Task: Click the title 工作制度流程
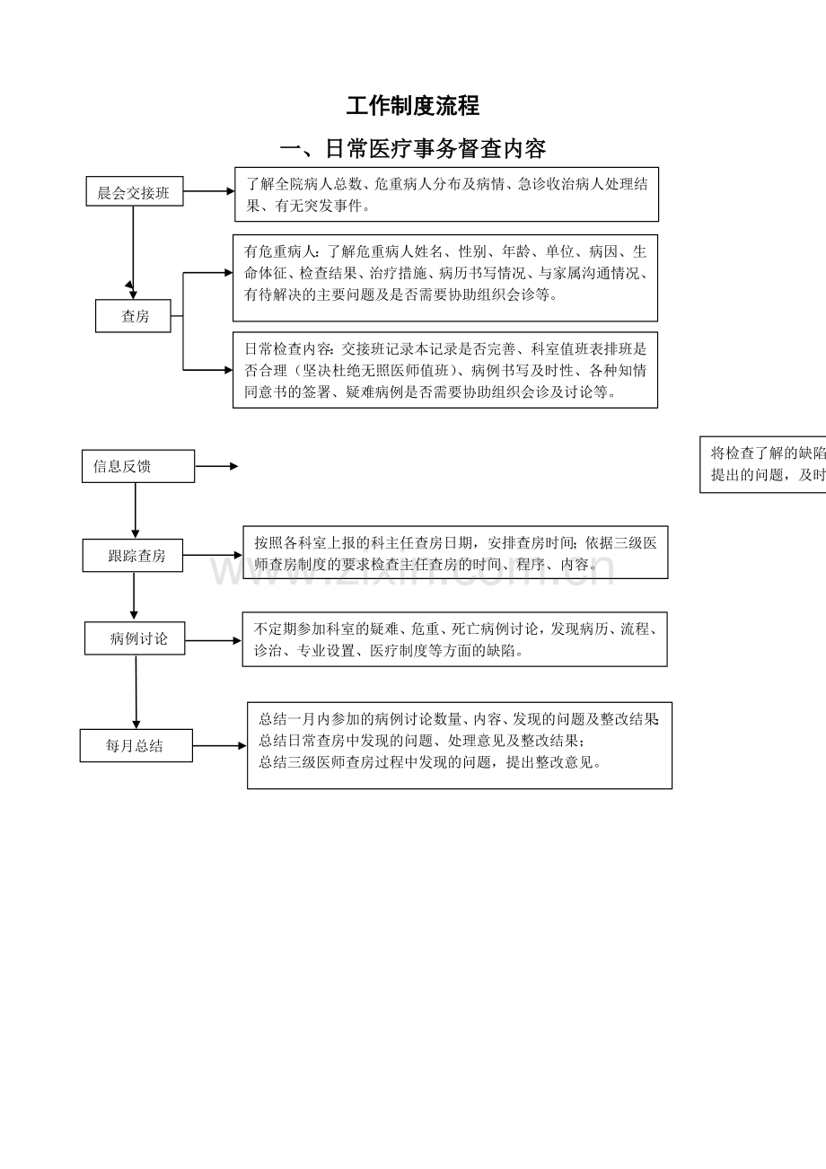coord(413,106)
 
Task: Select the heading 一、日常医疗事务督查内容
coord(413,148)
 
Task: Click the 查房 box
coord(133,316)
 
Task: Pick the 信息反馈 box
coord(137,466)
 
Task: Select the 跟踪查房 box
coord(133,556)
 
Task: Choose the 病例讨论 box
coord(135,639)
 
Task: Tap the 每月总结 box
coord(136,745)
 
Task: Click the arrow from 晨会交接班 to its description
coord(208,191)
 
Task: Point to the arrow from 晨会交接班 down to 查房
coord(133,247)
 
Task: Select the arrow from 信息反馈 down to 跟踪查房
coord(136,510)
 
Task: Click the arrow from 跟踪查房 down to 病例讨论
coord(134,595)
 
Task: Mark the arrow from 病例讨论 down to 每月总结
coord(136,691)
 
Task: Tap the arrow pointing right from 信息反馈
coord(216,466)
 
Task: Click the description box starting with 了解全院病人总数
coord(446,194)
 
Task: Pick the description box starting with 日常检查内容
coord(444,370)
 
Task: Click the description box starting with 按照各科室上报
coord(455,552)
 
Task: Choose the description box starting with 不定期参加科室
coord(454,639)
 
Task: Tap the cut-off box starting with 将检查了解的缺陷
coord(763,464)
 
